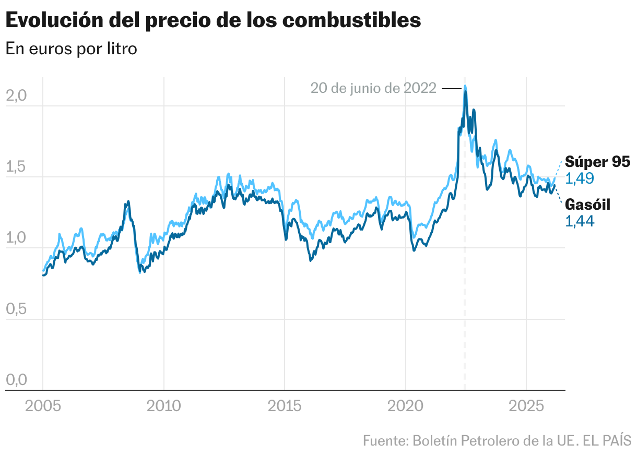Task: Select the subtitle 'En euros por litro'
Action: click(x=71, y=49)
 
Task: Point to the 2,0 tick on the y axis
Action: click(x=16, y=96)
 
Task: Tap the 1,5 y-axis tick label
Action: click(x=16, y=167)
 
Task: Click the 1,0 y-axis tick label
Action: click(x=16, y=238)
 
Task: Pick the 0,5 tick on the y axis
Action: click(x=16, y=309)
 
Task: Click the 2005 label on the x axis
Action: click(x=43, y=406)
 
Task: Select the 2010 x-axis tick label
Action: click(x=163, y=406)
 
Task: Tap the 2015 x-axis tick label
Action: click(x=285, y=406)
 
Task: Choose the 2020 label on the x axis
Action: click(x=406, y=406)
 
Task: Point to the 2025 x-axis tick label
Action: click(x=526, y=406)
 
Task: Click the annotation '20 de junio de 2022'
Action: click(x=373, y=88)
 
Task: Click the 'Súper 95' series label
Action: click(x=597, y=162)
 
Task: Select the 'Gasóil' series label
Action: click(x=587, y=205)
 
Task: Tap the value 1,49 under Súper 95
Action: click(x=580, y=179)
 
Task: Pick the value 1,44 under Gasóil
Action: click(x=580, y=221)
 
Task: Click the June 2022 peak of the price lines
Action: click(x=465, y=87)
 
